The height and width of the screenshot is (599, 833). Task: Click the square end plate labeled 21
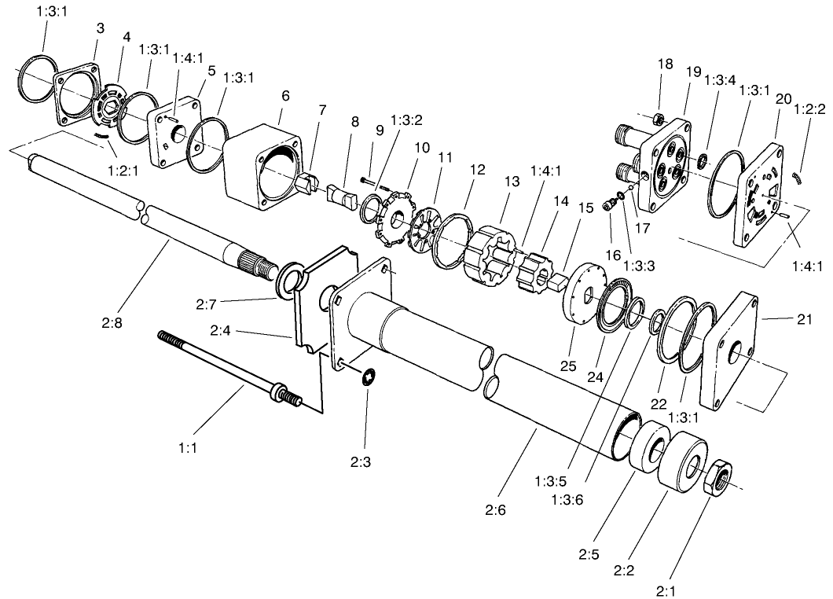point(734,351)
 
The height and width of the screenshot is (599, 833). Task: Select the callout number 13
point(512,182)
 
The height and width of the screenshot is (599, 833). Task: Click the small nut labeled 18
point(659,119)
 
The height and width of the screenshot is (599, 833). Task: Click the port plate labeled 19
point(667,165)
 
